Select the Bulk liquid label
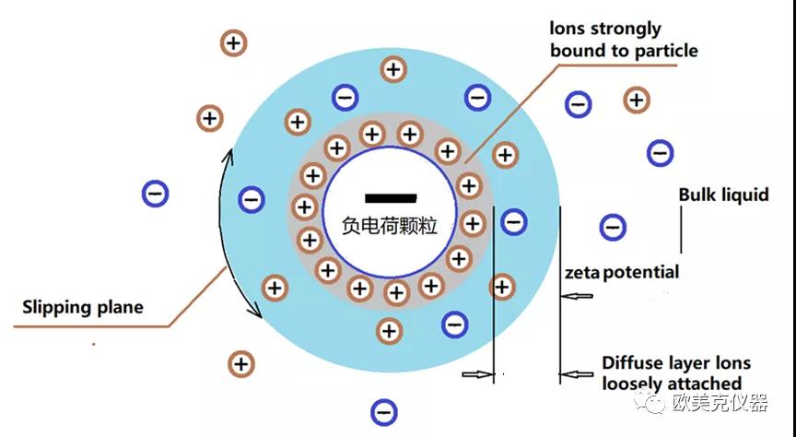(724, 195)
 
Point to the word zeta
(582, 274)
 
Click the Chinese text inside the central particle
(390, 226)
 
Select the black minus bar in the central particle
(391, 198)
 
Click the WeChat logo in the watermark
(650, 402)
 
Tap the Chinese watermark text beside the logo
(720, 403)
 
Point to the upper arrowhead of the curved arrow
(229, 155)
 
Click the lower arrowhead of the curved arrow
(256, 312)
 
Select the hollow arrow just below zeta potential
(576, 296)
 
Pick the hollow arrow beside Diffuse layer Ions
(576, 375)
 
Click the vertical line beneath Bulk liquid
(681, 230)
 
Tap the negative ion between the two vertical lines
(514, 222)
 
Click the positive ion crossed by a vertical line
(502, 287)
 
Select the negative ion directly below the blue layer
(384, 411)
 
